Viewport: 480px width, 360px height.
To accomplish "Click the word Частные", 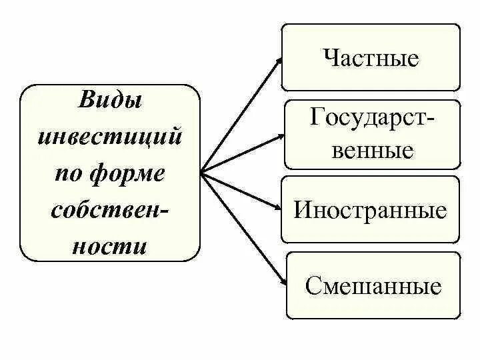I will point(371,58).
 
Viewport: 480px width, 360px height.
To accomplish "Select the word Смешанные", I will point(373,286).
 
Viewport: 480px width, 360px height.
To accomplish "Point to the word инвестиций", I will point(111,139).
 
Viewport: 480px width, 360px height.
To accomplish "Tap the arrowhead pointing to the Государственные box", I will point(279,137).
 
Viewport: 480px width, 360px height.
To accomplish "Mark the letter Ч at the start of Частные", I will point(331,58).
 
